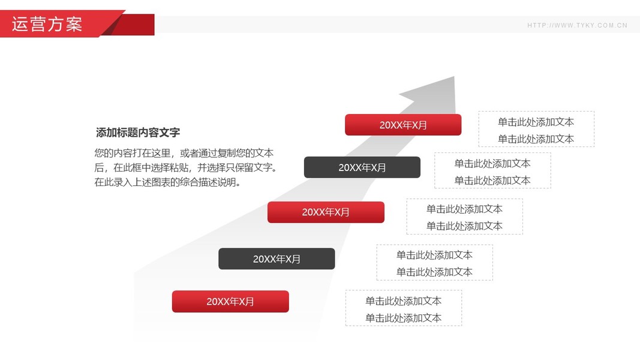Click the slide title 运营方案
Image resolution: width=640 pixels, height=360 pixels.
[x=47, y=24]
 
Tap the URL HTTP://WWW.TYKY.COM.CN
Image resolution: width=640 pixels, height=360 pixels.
[x=577, y=25]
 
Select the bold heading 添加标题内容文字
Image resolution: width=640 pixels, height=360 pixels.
[x=138, y=133]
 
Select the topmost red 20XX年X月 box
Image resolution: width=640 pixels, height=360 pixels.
[x=403, y=125]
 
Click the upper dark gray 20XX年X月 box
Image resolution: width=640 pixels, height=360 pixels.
[x=362, y=167]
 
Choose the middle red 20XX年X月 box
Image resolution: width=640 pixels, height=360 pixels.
[x=326, y=212]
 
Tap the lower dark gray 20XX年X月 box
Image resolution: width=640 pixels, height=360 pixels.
[x=277, y=259]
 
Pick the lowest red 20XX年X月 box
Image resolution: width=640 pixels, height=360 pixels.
[x=230, y=301]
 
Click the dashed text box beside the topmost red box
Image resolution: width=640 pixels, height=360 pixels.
[x=536, y=130]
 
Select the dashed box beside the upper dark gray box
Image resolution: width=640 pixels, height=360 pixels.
[x=492, y=171]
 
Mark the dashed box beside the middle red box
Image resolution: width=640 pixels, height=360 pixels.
[x=464, y=217]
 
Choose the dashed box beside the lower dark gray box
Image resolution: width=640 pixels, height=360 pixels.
[x=434, y=263]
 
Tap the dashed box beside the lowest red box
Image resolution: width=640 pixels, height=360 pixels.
[x=403, y=308]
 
